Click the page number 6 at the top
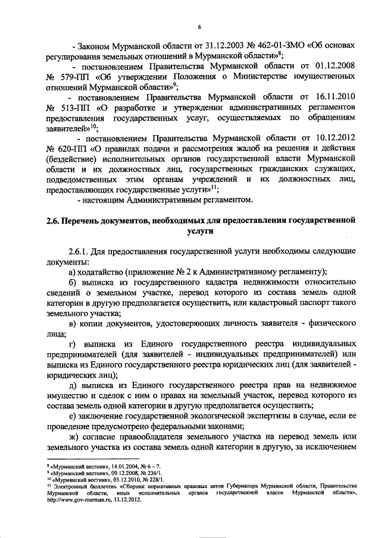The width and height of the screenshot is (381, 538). click(200, 27)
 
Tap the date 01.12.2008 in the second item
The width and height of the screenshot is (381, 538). click(335, 67)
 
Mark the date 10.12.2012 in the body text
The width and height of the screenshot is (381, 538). click(335, 139)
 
